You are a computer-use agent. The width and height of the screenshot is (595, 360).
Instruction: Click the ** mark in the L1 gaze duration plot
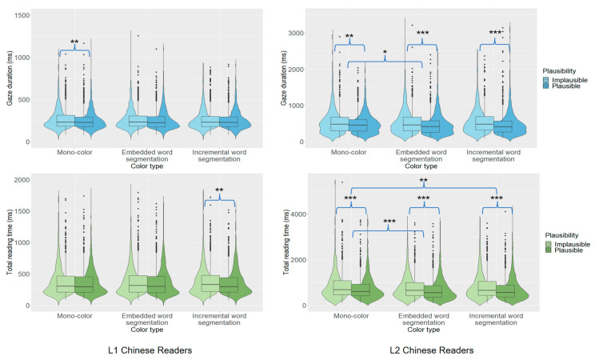(x=74, y=42)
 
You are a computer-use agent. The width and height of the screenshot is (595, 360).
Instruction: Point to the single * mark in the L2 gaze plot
(x=385, y=54)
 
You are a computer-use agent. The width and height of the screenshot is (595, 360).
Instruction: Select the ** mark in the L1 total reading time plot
(x=219, y=190)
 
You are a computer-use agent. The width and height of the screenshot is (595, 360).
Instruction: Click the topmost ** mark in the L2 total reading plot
(x=422, y=182)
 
